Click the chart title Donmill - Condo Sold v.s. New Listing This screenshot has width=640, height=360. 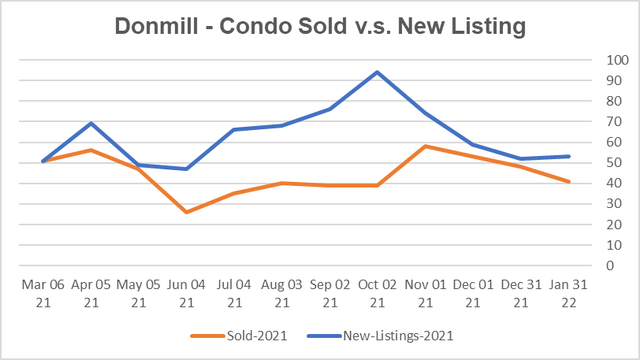click(x=319, y=26)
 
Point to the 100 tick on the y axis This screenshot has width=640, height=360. click(x=618, y=60)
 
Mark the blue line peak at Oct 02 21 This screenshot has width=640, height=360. click(x=378, y=72)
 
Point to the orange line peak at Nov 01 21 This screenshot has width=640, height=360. click(x=426, y=147)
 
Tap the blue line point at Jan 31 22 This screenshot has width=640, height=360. click(x=569, y=157)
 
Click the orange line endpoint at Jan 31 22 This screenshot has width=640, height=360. click(x=569, y=181)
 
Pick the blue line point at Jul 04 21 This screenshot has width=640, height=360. click(x=233, y=130)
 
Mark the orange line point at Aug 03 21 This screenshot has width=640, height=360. click(x=281, y=184)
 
